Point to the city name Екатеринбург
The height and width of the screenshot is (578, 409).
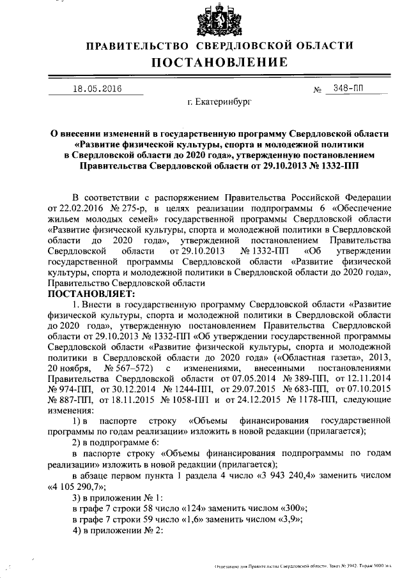coord(219,102)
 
